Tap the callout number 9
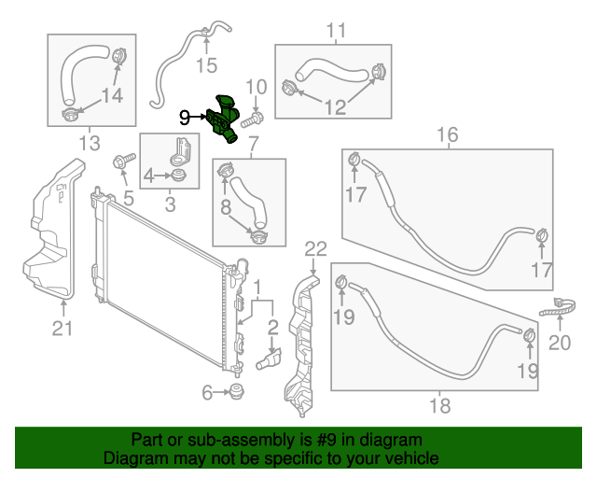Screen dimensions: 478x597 [185, 118]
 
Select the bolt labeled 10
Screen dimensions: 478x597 [253, 119]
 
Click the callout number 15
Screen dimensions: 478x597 [205, 64]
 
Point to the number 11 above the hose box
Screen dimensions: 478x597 [335, 31]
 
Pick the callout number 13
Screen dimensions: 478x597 [89, 143]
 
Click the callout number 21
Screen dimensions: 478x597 [62, 326]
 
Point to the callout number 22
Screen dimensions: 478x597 [315, 248]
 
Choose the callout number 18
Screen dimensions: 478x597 [439, 405]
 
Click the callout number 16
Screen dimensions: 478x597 [448, 135]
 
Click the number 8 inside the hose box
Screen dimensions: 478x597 [224, 209]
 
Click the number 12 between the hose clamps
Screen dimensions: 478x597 [335, 107]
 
